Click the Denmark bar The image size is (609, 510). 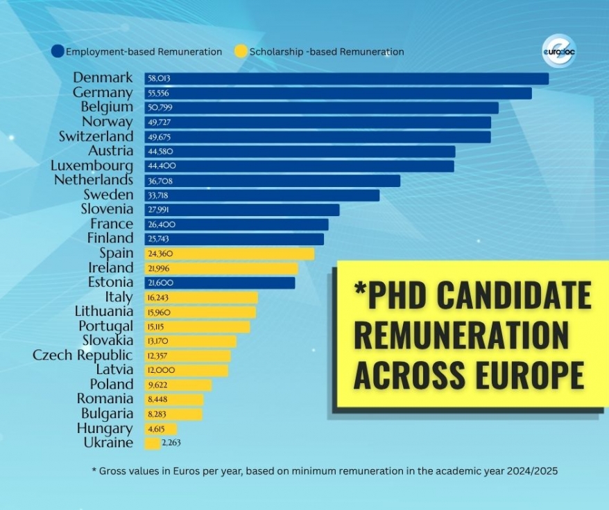346,78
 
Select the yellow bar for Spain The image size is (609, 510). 229,254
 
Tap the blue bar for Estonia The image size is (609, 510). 219,283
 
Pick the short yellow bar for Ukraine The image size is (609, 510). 152,443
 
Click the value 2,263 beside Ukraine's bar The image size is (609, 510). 171,443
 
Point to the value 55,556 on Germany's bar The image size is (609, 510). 158,93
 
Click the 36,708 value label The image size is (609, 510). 160,181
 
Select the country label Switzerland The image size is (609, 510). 96,137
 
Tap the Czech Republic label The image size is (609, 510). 83,355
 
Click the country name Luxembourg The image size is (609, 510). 92,166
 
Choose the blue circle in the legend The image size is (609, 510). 58,51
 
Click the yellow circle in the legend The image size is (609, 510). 241,51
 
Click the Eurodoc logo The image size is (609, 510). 559,51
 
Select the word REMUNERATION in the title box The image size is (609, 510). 461,334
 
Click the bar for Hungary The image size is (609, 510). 160,429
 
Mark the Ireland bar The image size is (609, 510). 221,269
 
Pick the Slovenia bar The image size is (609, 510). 242,210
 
